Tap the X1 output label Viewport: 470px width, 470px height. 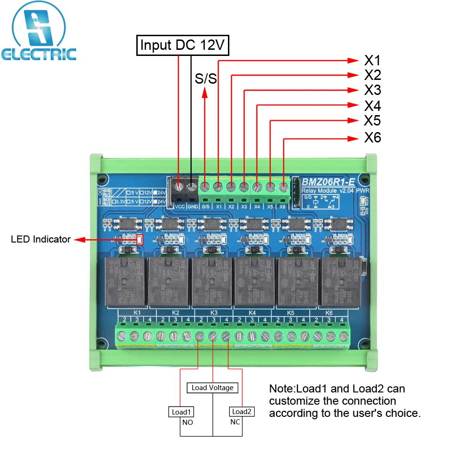click(372, 61)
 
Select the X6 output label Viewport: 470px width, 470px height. click(372, 138)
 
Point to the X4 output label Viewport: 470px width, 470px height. click(372, 105)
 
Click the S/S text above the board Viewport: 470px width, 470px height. click(205, 78)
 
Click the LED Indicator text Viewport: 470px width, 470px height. click(40, 239)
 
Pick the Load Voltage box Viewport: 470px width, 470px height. click(212, 388)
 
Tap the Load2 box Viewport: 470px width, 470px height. click(242, 412)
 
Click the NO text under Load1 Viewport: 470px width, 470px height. click(188, 422)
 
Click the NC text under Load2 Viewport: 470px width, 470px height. click(235, 422)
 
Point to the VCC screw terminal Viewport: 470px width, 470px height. click(179, 187)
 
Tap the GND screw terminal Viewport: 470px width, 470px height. click(192, 187)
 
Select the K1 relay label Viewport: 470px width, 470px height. click(137, 313)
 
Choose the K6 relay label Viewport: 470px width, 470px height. click(329, 313)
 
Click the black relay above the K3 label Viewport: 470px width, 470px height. click(212, 282)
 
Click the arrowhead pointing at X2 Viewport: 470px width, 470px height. click(352, 75)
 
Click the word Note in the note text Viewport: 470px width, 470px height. click(280, 389)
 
